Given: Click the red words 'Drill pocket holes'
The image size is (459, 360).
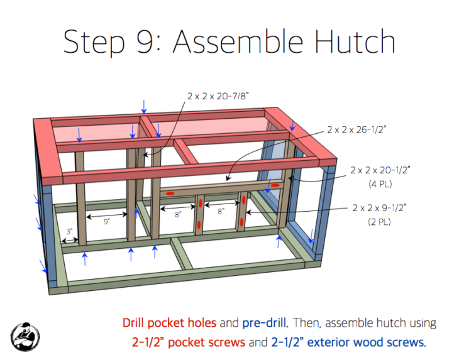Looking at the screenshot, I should tap(169, 324).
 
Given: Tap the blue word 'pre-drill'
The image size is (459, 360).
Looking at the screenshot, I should tap(264, 324).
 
